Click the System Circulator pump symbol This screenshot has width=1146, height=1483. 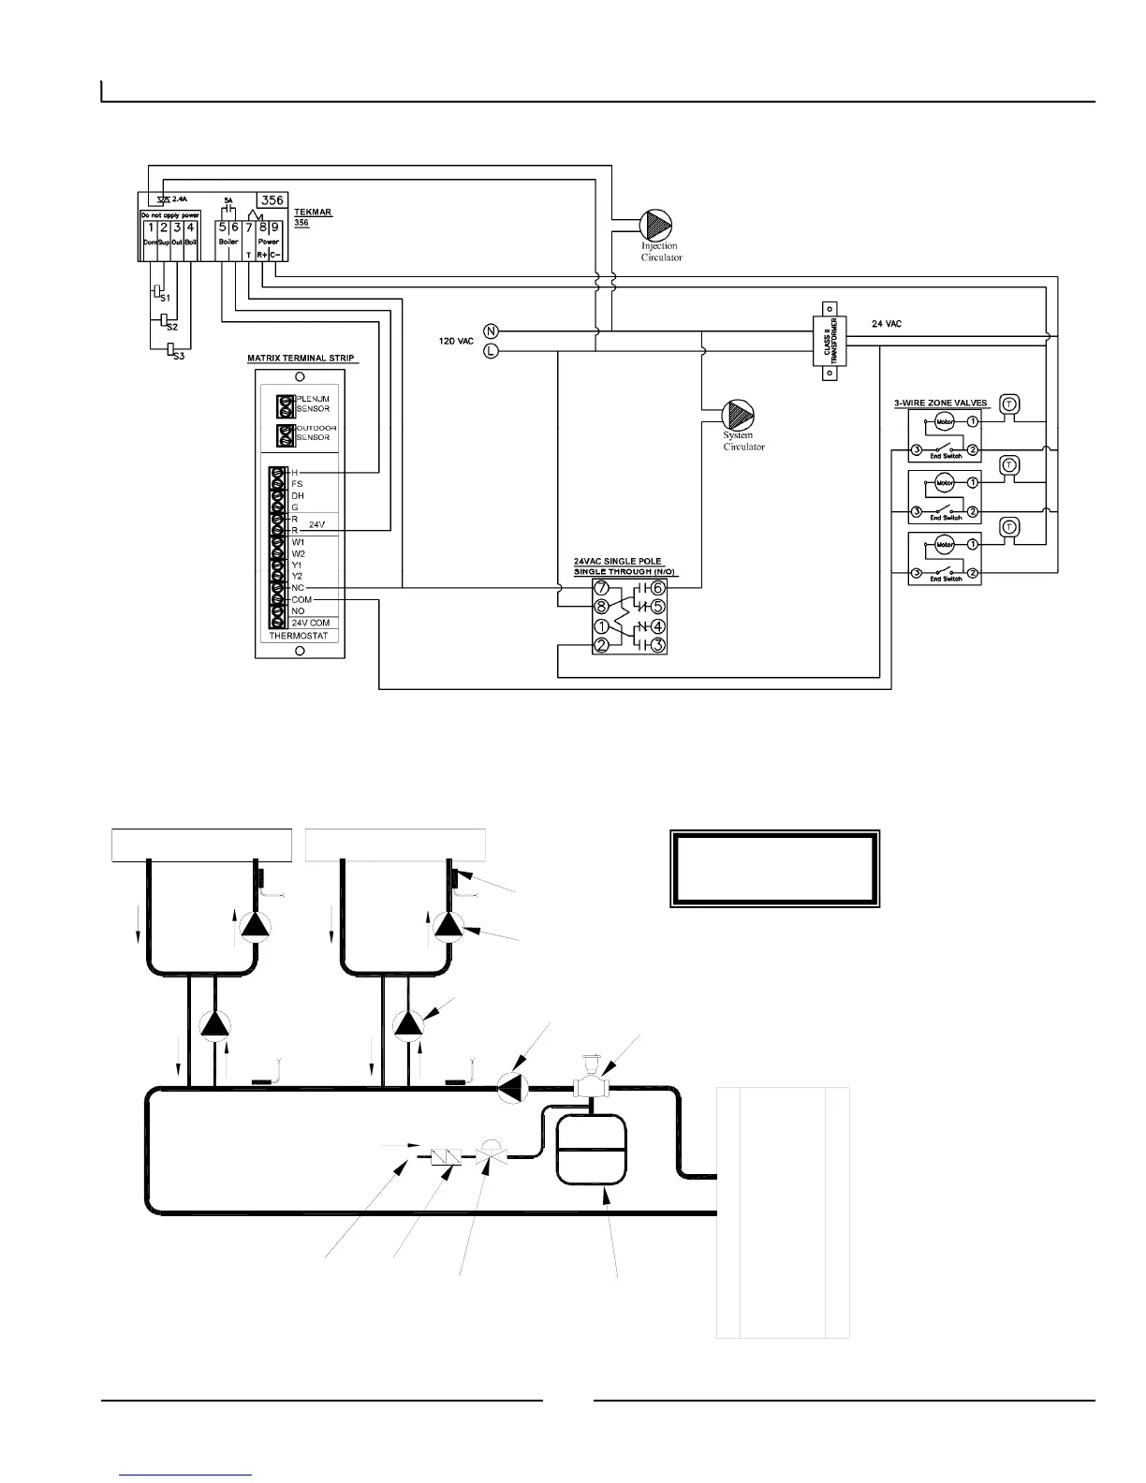tap(738, 416)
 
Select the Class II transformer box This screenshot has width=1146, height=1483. tap(828, 340)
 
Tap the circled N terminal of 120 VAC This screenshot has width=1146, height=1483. tap(491, 330)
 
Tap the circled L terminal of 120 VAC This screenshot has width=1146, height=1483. tap(491, 352)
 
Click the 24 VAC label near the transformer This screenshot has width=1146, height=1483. tap(886, 323)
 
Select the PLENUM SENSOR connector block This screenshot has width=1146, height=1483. tap(286, 405)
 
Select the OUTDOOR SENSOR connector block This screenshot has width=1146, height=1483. tap(286, 435)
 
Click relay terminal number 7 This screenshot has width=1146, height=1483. tap(602, 588)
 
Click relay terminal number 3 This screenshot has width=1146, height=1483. tap(658, 645)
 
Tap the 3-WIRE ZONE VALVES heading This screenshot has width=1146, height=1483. tap(940, 403)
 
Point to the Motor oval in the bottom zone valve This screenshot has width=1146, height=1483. tap(944, 545)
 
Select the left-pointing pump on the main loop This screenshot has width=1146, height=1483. tap(512, 1087)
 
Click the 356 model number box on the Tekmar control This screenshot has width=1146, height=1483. tap(272, 200)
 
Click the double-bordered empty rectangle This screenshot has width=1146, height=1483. tap(775, 869)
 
